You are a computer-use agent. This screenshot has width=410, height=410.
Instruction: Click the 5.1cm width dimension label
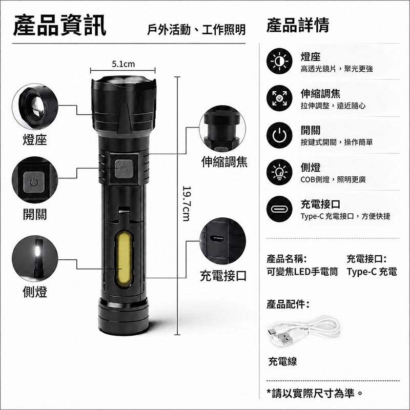(123, 64)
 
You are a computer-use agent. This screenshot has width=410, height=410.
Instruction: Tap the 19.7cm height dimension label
(187, 203)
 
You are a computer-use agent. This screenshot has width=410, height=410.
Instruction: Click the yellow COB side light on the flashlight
(124, 258)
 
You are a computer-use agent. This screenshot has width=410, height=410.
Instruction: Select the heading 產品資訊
(59, 25)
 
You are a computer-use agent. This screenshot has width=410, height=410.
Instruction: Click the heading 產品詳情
(298, 25)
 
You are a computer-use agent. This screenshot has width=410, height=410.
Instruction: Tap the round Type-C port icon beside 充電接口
(279, 209)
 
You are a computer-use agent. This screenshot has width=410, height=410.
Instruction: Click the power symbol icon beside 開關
(279, 135)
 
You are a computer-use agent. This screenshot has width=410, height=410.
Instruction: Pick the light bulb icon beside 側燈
(279, 172)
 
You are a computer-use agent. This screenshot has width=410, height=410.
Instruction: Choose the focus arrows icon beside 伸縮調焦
(279, 98)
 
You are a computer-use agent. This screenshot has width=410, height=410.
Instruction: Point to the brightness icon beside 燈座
(279, 61)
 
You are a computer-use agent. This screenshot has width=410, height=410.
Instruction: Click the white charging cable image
(303, 331)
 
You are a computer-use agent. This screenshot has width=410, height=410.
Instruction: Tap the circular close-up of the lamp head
(35, 107)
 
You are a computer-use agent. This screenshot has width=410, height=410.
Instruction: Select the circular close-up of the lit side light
(35, 258)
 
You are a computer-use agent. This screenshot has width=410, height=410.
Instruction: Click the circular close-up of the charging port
(222, 241)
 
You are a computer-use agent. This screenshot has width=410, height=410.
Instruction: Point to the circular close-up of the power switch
(35, 180)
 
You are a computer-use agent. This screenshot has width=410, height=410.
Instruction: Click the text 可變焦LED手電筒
(302, 272)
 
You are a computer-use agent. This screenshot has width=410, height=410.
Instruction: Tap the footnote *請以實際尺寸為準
(315, 393)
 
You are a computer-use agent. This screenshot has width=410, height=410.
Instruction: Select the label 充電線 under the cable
(282, 361)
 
